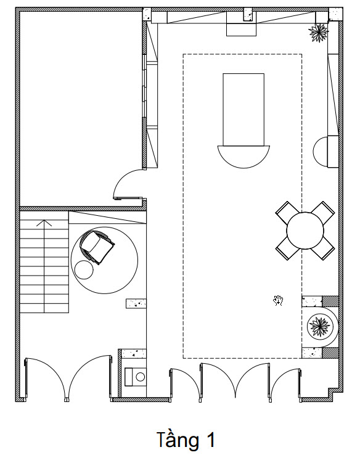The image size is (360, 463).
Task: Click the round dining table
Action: [x=305, y=231]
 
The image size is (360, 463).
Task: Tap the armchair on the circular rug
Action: [x=97, y=247]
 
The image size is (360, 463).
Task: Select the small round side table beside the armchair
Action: [x=84, y=269]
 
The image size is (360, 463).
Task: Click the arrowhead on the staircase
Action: [x=44, y=223]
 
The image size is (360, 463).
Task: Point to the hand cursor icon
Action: [x=278, y=301]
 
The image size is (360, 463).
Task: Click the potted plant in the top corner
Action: [x=318, y=32]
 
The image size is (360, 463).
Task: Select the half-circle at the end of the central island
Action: [x=243, y=157]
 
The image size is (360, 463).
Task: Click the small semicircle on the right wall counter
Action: [x=321, y=152]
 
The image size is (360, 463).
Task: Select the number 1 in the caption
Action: [x=211, y=440]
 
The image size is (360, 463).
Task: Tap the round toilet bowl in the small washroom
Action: [x=141, y=377]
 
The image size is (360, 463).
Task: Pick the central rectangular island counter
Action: [x=243, y=110]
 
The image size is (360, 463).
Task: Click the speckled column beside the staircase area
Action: [x=136, y=304]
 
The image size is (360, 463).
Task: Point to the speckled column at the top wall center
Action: [x=248, y=14]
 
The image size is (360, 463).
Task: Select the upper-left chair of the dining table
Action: [x=285, y=211]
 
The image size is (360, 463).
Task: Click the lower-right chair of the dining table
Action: [x=324, y=250]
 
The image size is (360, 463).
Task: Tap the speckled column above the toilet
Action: [x=134, y=354]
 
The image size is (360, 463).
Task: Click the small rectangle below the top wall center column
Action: [x=241, y=30]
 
